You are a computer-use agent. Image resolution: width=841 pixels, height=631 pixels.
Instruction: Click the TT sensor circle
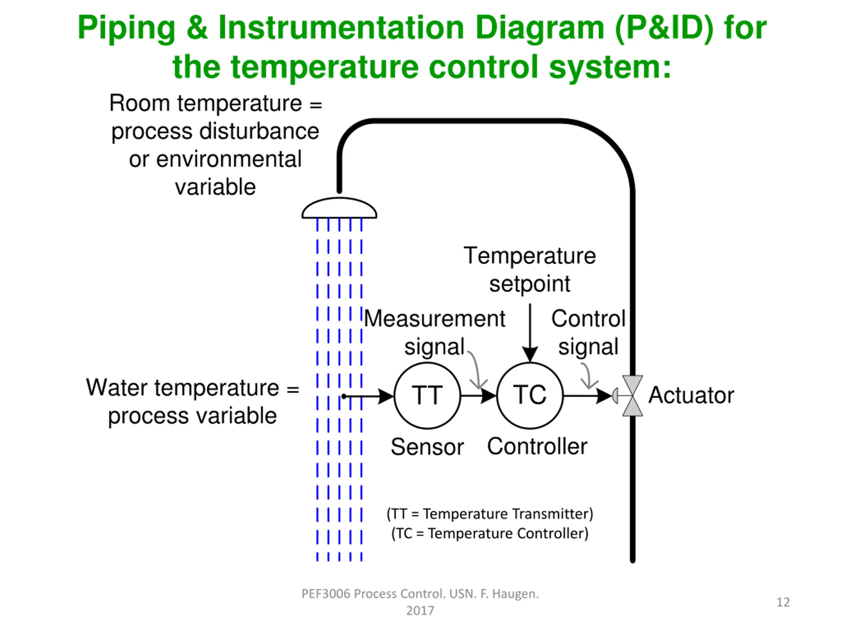pos(427,396)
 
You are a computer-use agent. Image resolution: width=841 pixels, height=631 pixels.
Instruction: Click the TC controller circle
pos(530,396)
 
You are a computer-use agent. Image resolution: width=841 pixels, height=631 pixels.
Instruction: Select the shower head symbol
pos(339,208)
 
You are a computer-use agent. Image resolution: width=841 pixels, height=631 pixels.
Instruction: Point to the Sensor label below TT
pos(427,447)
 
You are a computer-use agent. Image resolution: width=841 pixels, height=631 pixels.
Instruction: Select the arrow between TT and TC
pos(479,396)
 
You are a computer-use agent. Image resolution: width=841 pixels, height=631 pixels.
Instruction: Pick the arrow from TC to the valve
pos(588,396)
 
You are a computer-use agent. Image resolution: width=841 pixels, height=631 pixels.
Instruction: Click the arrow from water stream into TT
pos(368,396)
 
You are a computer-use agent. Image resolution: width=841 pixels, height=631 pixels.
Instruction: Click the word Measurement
pos(435,318)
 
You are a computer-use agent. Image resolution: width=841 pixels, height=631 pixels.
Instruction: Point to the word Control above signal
pos(588,318)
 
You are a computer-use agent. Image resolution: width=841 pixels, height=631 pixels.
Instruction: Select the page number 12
pos(783,602)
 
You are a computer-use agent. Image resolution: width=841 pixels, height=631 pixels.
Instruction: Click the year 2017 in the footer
pos(420,611)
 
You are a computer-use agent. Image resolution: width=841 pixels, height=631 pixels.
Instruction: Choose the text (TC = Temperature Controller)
pos(490,533)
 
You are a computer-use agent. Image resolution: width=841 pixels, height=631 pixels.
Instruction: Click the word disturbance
pos(259,131)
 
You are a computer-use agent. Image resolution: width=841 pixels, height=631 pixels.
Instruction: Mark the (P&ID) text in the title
pos(664,28)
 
